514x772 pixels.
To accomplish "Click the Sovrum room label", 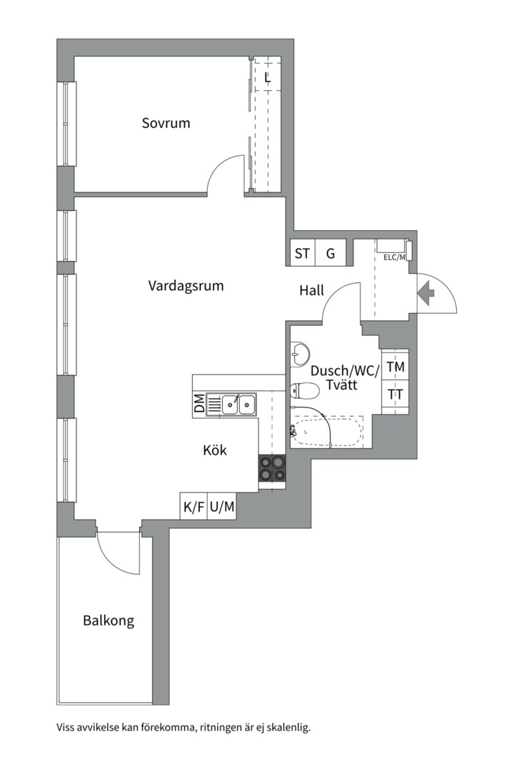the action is [166, 123].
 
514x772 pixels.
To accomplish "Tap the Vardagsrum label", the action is [186, 285].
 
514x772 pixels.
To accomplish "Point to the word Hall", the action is [312, 290].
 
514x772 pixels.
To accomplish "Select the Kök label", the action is [215, 450].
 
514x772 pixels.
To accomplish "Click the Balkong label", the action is [109, 620].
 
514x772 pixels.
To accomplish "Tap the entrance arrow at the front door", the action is [426, 294].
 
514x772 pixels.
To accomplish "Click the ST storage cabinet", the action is [302, 253].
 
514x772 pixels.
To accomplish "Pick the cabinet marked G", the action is [330, 253].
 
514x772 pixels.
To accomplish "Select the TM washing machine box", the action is [395, 366].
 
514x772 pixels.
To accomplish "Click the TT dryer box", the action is [395, 395].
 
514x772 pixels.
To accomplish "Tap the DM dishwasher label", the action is [199, 404].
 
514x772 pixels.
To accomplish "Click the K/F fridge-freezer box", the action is [193, 505].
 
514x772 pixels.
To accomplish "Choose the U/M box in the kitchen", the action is [222, 505].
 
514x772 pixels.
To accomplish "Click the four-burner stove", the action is [272, 467].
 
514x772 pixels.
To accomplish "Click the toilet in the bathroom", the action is [304, 390].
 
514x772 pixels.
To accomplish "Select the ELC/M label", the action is [395, 257].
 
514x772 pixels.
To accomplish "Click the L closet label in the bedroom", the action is [268, 77].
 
